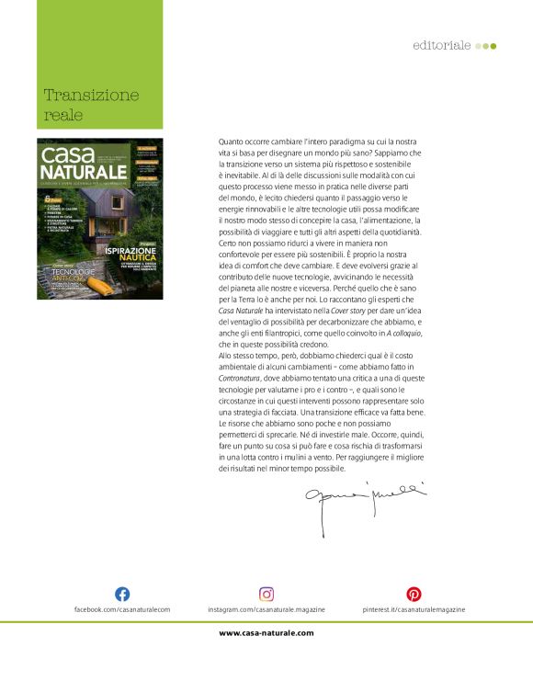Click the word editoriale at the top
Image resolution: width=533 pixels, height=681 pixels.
[x=442, y=45]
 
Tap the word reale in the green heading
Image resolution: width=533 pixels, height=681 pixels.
[x=63, y=115]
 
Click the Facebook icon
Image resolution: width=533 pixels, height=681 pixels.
[x=121, y=594]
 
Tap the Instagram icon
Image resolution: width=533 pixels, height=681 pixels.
[x=266, y=594]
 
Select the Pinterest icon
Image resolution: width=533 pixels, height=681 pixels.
[x=414, y=594]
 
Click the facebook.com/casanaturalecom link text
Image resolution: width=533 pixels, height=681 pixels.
[x=122, y=609]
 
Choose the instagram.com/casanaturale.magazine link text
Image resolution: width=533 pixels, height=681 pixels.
[x=266, y=609]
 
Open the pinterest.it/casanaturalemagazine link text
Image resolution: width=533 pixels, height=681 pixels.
[x=414, y=609]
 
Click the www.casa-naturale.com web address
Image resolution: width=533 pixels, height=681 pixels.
[x=266, y=632]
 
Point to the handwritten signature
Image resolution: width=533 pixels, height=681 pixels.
[x=355, y=503]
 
